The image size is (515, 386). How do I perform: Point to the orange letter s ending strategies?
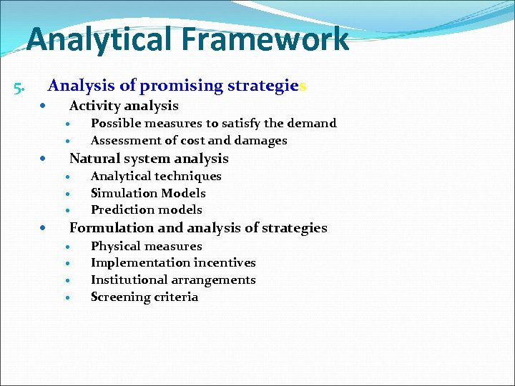303,86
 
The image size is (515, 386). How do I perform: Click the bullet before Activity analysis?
44,106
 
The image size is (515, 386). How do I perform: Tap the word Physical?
115,246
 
